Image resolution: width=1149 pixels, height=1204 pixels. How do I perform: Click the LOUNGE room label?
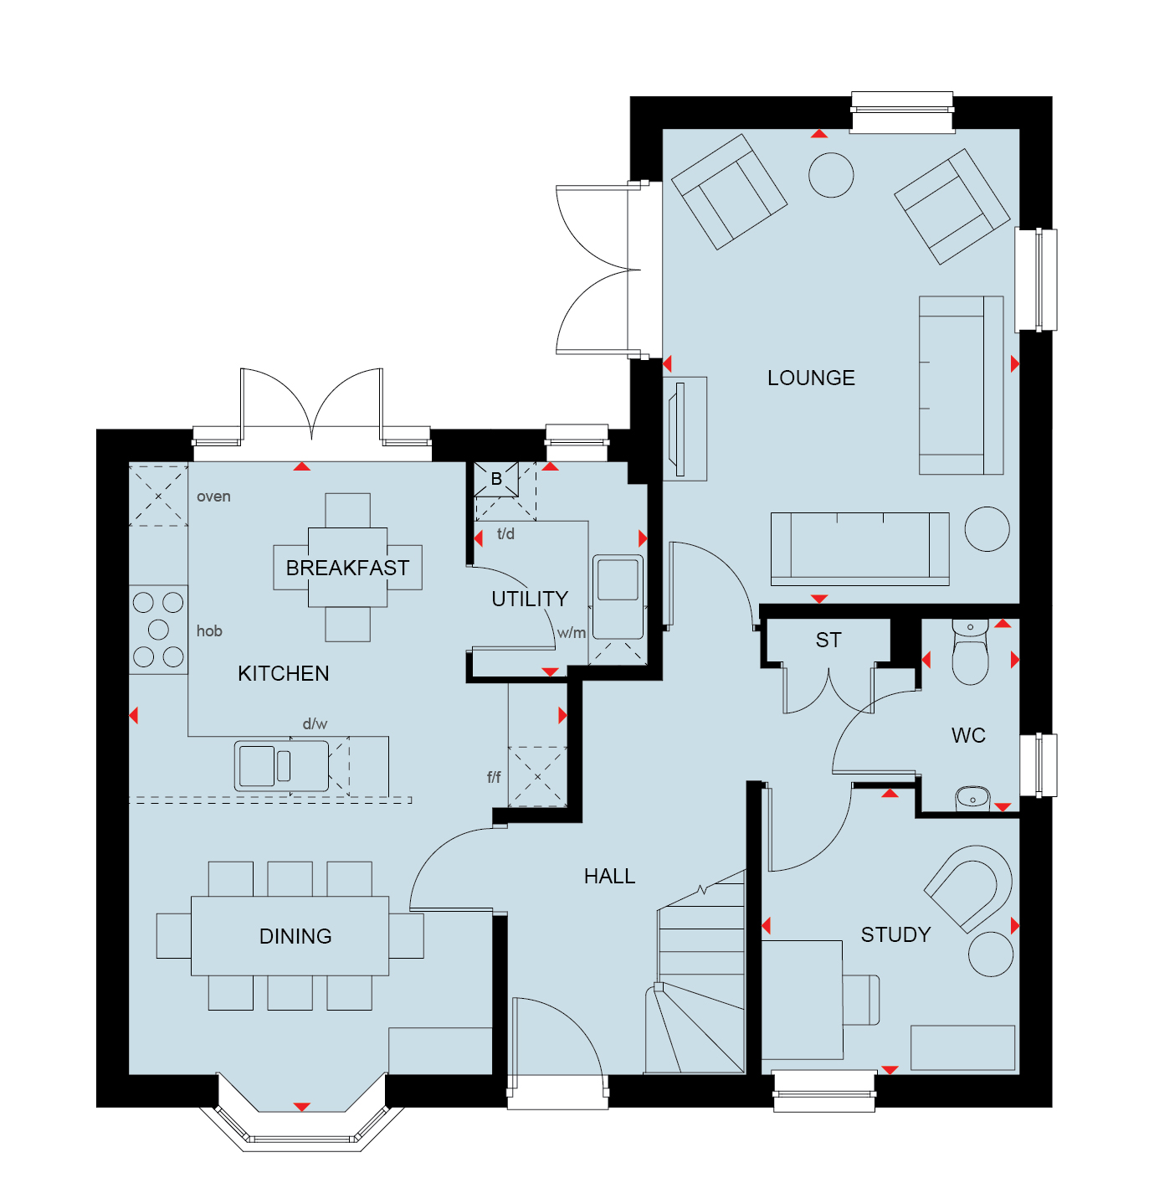(811, 378)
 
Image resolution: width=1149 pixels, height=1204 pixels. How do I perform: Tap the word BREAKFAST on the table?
(347, 568)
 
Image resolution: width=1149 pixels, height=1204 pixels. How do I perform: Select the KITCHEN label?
(283, 673)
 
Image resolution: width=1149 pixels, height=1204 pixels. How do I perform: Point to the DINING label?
(295, 936)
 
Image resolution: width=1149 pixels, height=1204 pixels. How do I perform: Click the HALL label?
(609, 876)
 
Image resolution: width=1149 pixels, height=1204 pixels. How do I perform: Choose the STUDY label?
(895, 934)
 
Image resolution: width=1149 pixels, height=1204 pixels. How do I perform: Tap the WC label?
(967, 735)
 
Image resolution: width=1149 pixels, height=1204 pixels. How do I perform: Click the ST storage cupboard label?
(828, 640)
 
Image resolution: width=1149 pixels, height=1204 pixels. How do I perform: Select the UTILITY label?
(530, 599)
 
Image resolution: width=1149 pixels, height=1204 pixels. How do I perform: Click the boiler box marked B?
(496, 479)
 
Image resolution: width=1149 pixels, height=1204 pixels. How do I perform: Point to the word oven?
(213, 497)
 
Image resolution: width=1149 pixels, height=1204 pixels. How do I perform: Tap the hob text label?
(209, 630)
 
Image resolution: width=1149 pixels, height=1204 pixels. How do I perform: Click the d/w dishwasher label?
(315, 723)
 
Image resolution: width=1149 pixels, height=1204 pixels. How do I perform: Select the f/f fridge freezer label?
(494, 776)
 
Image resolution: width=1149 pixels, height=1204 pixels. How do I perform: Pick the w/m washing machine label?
(571, 632)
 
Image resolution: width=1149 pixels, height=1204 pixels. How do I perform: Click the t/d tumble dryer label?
(505, 533)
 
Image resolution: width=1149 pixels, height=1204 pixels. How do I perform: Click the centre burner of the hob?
(158, 630)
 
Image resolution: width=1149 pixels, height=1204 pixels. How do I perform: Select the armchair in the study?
(967, 888)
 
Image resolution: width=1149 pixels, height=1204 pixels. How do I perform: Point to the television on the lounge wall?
(680, 430)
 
